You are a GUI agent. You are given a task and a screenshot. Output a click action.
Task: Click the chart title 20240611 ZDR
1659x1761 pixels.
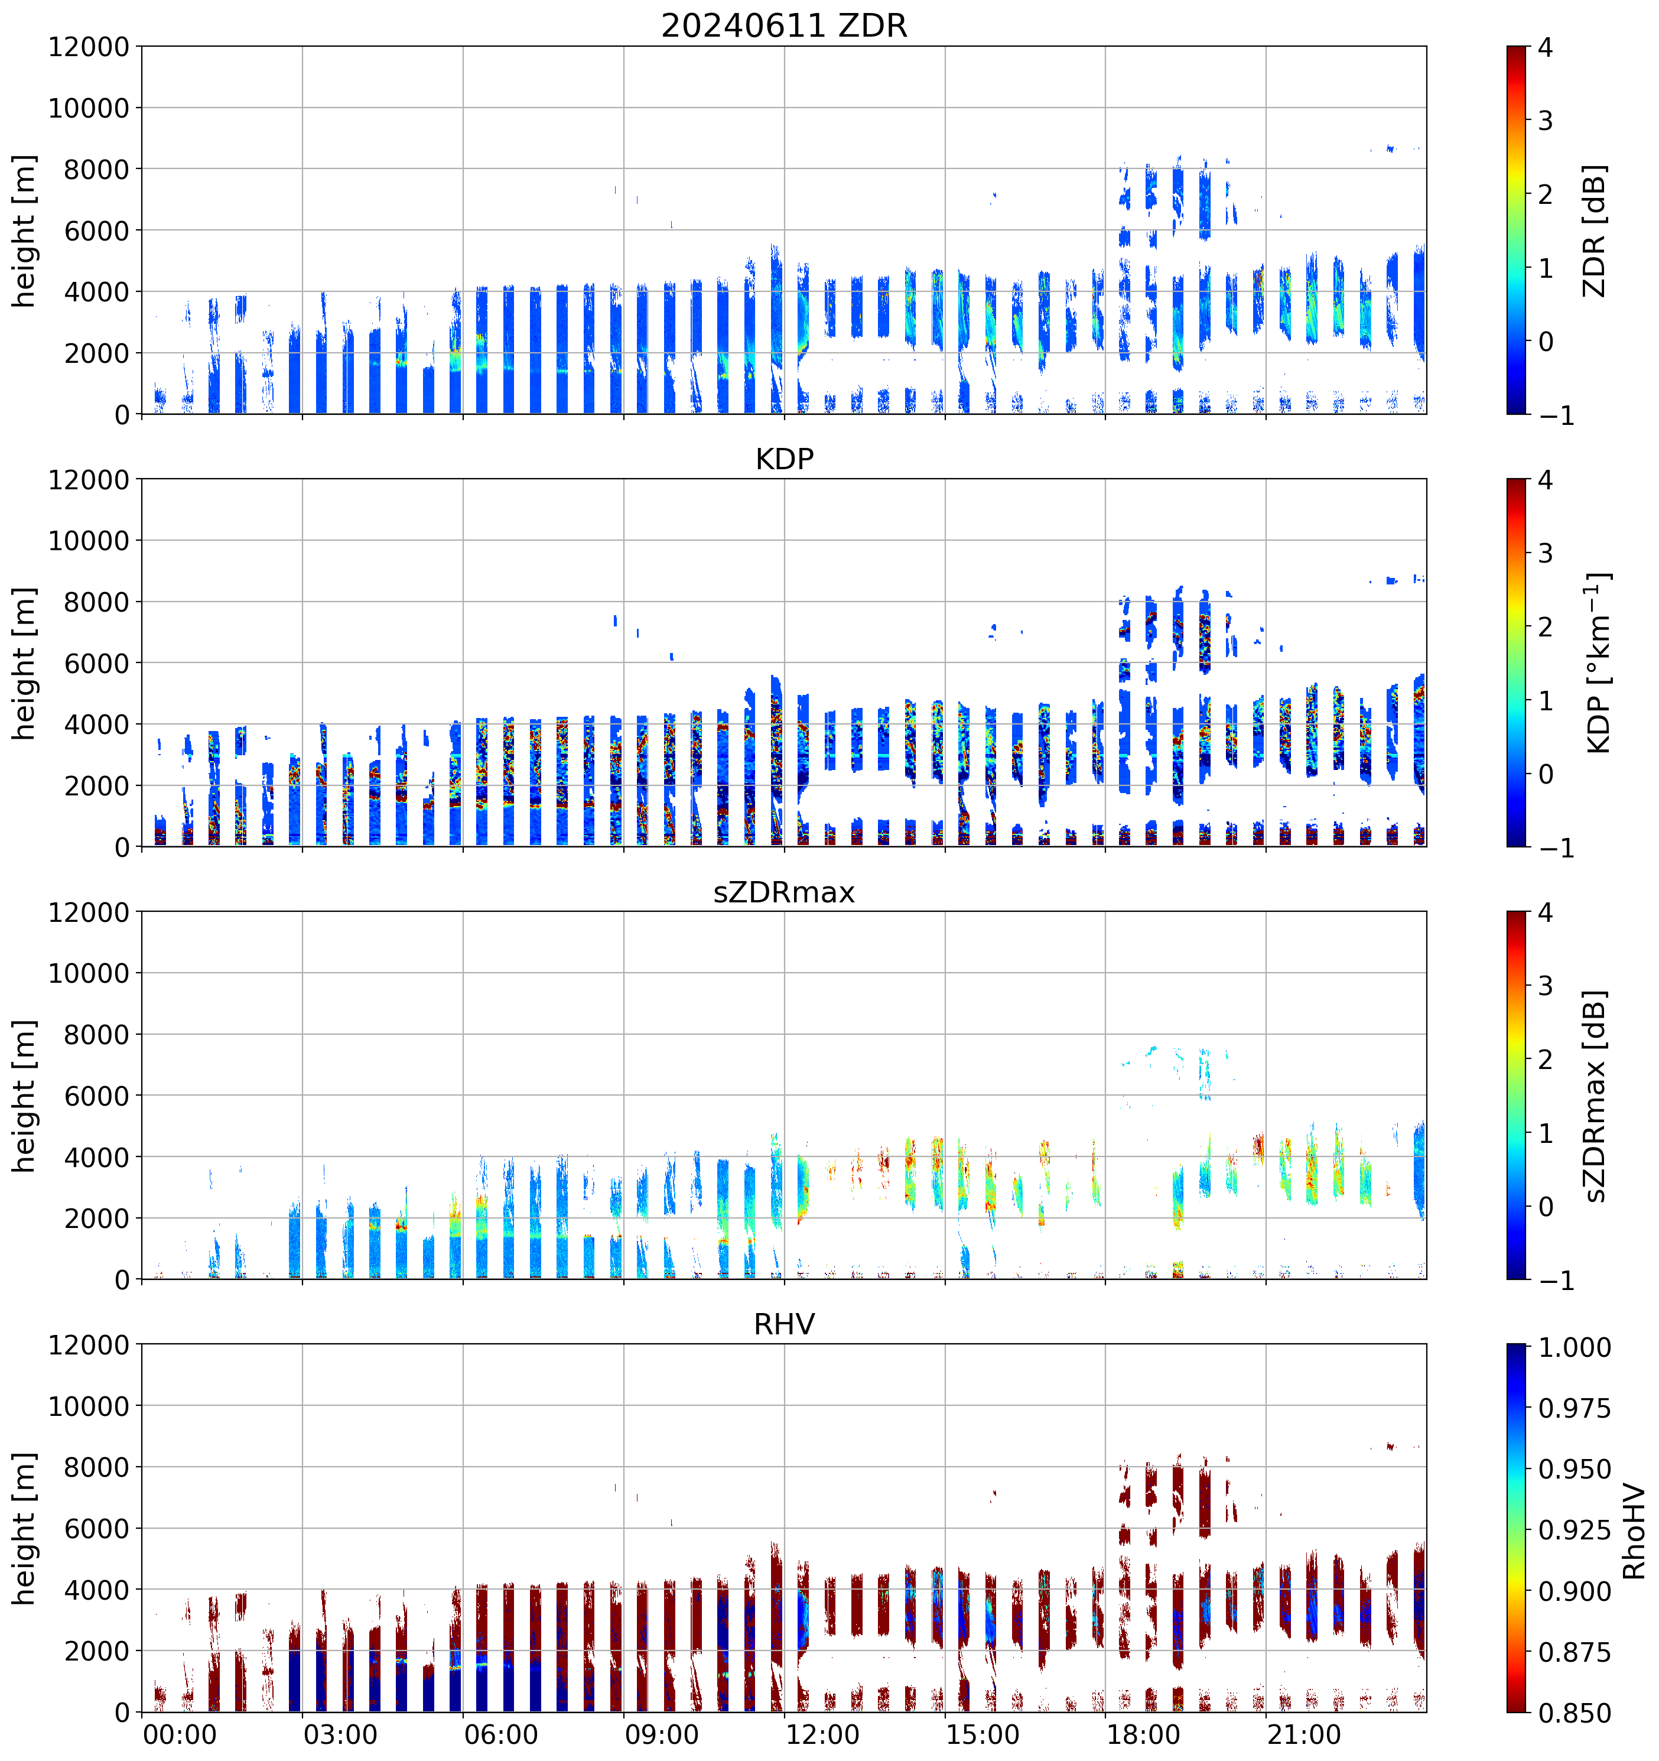[784, 25]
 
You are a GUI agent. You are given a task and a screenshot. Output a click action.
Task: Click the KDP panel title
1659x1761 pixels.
[784, 459]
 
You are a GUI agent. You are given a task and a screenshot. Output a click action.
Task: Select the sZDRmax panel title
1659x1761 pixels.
[784, 892]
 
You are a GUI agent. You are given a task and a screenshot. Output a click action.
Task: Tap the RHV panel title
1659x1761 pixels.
[784, 1324]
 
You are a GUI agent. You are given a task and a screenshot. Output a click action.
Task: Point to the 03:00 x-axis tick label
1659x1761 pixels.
[340, 1734]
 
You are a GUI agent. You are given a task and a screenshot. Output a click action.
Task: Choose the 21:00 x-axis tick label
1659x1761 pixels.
[1304, 1734]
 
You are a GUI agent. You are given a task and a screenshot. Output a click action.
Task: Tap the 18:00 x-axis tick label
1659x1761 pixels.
[1143, 1734]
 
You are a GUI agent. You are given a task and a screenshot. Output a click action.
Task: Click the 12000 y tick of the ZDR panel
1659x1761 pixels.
[89, 47]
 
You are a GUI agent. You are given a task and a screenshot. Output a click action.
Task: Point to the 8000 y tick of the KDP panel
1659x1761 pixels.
[96, 602]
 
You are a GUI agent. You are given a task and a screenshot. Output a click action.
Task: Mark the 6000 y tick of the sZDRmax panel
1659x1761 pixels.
[96, 1096]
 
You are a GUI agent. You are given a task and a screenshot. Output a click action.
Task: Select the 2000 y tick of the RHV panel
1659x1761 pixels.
[96, 1651]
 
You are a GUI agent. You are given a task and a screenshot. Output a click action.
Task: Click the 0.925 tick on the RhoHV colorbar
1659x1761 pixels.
[1574, 1530]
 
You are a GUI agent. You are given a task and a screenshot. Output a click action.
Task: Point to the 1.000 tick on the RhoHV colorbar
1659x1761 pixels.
[1574, 1347]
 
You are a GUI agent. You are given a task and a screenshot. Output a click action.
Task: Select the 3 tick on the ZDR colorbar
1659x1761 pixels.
[1545, 121]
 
